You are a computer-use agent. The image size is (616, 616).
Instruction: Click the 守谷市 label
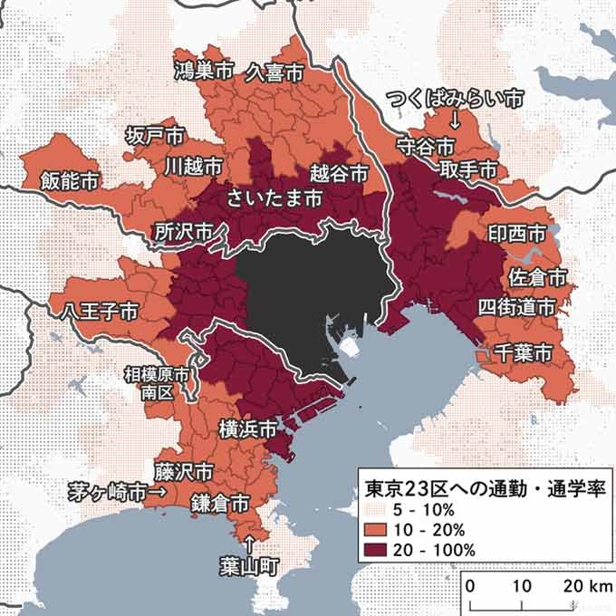point(425,145)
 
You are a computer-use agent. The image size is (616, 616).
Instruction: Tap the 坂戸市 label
point(155,136)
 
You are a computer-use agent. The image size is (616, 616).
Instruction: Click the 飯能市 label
point(70,180)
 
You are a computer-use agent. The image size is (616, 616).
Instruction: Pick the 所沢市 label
point(184,231)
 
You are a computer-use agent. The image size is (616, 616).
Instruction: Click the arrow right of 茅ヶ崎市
point(158,493)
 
